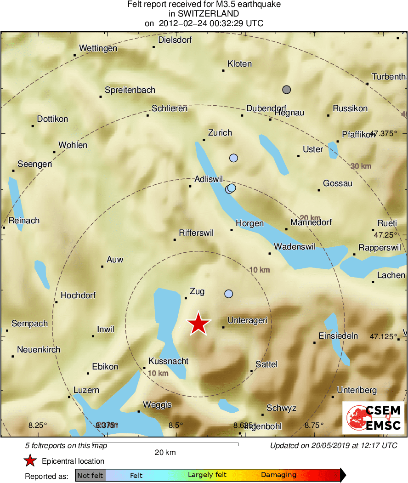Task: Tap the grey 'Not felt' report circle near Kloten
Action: tap(287, 89)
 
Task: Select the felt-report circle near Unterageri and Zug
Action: tap(228, 294)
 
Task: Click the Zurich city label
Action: tap(220, 133)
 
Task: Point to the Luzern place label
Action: tap(86, 390)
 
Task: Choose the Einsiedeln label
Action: tap(338, 336)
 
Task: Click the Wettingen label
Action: tap(98, 48)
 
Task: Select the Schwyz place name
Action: tap(282, 408)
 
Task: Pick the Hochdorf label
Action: tap(78, 295)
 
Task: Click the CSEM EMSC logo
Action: tap(374, 418)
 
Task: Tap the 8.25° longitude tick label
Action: tap(38, 425)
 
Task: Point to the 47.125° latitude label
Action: tap(383, 337)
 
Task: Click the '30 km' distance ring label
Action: tap(361, 166)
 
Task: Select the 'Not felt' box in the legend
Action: tap(90, 475)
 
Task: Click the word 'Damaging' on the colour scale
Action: tap(278, 475)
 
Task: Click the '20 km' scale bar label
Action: tap(165, 452)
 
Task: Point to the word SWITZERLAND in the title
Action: tap(204, 14)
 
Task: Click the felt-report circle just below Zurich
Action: tap(233, 158)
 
